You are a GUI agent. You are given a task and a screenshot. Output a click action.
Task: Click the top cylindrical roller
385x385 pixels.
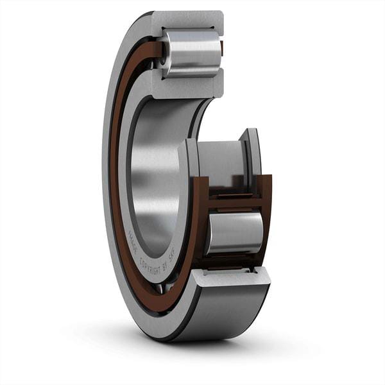click(193, 53)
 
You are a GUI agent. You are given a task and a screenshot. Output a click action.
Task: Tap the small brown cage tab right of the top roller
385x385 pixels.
click(222, 48)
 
